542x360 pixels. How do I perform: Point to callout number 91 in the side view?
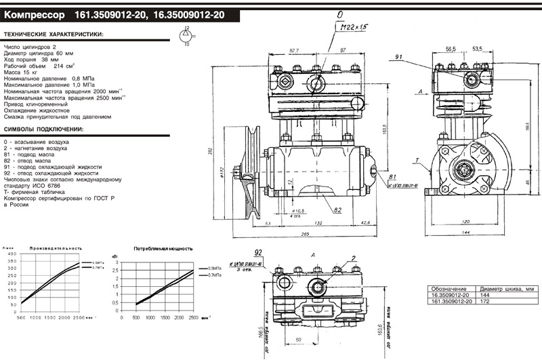[398, 56]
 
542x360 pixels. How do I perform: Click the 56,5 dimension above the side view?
[451, 49]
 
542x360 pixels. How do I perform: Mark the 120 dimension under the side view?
[465, 221]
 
